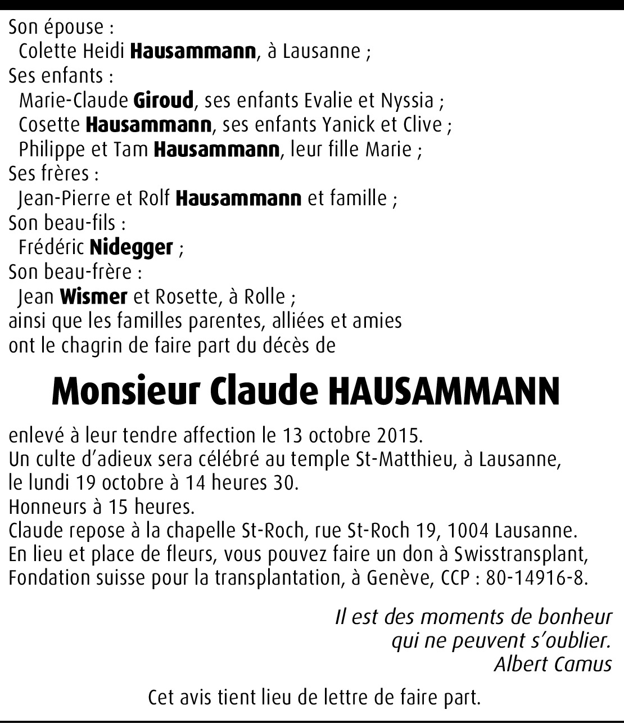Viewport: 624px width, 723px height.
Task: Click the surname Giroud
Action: (164, 101)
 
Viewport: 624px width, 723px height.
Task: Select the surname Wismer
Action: (93, 296)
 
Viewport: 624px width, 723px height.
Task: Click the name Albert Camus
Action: (553, 665)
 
